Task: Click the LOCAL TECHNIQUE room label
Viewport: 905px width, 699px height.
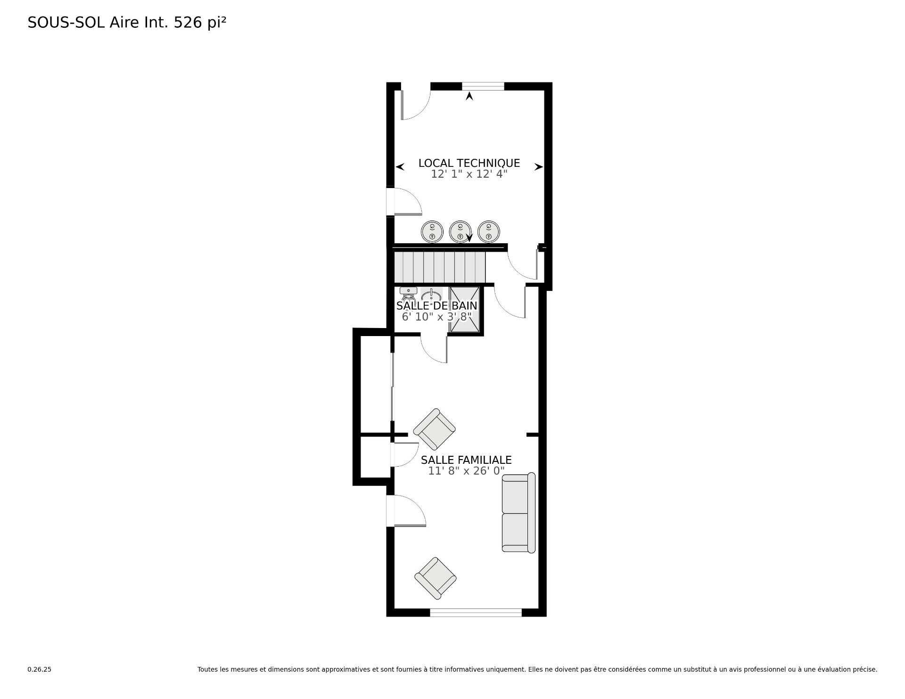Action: tap(469, 163)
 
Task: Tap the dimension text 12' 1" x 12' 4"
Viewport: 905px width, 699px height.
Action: tap(469, 174)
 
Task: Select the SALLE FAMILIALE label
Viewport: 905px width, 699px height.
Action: tap(466, 460)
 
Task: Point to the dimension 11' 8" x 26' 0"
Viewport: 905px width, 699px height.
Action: tap(466, 471)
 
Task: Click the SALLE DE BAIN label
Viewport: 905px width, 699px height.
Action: tap(436, 306)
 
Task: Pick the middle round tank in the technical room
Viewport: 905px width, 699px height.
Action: tap(461, 231)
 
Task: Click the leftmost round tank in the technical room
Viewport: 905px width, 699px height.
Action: tap(432, 231)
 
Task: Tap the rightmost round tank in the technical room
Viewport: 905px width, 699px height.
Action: tap(489, 231)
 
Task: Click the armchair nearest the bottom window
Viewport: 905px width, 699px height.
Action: tap(435, 578)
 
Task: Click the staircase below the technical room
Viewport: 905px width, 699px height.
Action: tap(439, 266)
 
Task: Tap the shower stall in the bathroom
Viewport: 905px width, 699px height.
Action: tap(464, 309)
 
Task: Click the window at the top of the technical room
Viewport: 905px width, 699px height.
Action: tap(483, 86)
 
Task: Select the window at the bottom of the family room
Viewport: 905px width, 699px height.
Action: tap(476, 612)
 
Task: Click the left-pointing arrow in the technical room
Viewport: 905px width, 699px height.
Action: tap(400, 167)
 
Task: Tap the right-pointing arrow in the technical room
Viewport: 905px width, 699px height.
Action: tap(538, 167)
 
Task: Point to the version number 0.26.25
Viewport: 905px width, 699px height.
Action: tap(39, 669)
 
